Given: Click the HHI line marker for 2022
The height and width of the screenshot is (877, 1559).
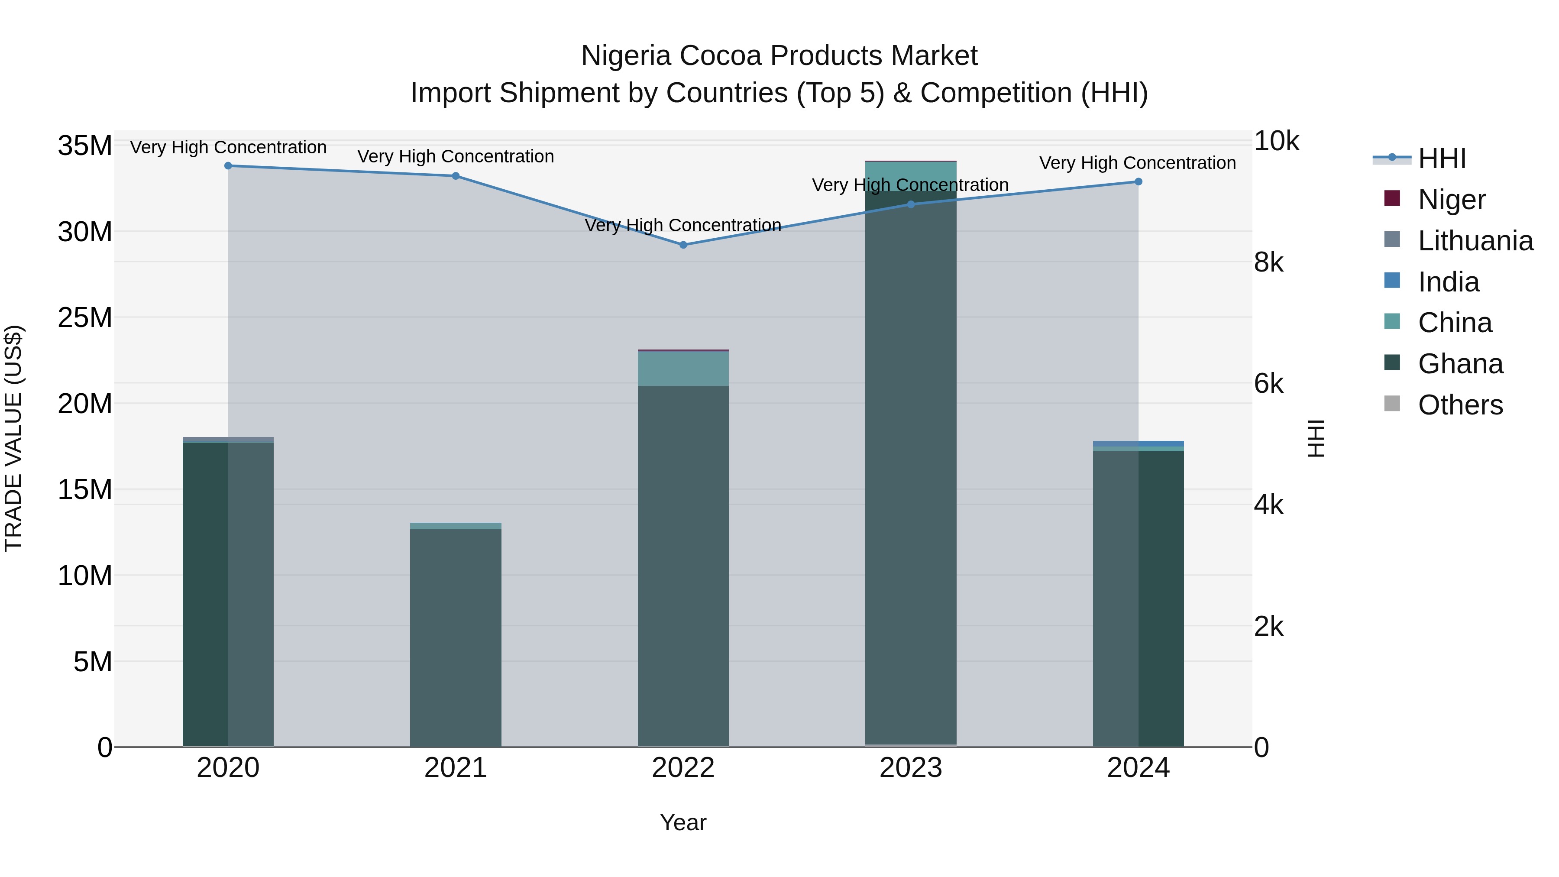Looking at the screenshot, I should pos(683,245).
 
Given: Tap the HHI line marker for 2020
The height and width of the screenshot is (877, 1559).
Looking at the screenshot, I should pos(228,166).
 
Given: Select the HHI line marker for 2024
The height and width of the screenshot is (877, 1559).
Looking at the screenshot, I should pos(1139,181).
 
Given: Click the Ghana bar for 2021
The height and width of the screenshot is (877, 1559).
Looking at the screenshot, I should pos(456,635).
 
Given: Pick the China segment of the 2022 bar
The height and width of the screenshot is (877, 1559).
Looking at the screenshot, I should pos(683,369).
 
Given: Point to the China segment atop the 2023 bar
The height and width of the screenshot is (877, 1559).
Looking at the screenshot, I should pos(911,175).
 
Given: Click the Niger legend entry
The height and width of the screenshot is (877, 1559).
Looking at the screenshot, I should pos(1451,200).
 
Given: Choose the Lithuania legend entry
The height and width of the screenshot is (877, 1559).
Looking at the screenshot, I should pos(1475,241).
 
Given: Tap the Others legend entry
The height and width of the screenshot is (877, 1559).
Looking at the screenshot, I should pos(1460,405).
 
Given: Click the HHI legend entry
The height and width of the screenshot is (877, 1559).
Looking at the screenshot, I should pos(1442,159).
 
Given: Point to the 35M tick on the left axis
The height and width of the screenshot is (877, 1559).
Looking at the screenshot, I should pos(85,146).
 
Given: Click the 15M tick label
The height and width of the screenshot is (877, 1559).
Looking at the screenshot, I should pos(85,489).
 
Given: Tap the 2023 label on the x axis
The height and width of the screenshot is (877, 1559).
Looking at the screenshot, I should pos(911,768).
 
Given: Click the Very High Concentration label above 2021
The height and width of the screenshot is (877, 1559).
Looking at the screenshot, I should pos(456,156).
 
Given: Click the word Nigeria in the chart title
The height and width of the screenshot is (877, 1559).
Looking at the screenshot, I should pos(626,56).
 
